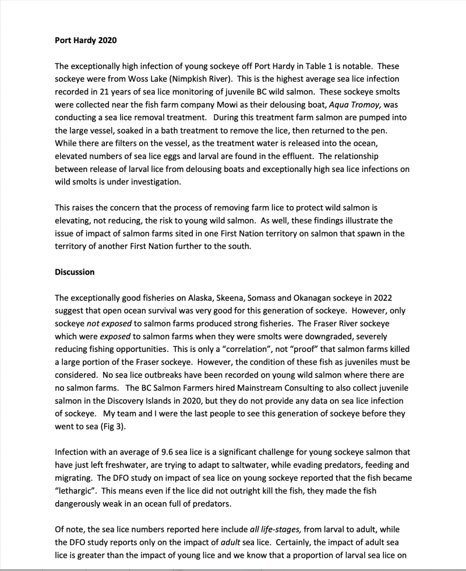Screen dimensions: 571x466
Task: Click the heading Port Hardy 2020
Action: coord(85,40)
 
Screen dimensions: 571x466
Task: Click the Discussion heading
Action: coord(75,272)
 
